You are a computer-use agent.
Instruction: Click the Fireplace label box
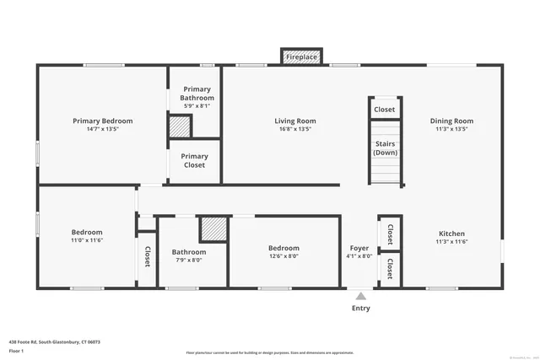tap(301, 56)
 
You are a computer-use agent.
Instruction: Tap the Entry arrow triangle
tap(360, 296)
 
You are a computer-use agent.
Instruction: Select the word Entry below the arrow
tap(360, 309)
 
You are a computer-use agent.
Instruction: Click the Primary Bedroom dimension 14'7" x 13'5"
tap(102, 130)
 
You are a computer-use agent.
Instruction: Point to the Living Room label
tap(294, 121)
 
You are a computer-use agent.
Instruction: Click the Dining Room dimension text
tap(451, 130)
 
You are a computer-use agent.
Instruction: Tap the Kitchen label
tap(451, 234)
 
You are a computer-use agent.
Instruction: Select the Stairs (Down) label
tap(385, 148)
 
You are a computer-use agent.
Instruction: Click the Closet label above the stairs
tap(385, 110)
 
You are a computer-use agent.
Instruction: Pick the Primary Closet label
tap(195, 160)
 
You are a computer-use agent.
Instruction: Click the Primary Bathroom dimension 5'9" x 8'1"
tap(197, 106)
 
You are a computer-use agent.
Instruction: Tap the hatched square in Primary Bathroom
tap(180, 127)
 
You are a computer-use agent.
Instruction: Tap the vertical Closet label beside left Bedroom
tap(147, 256)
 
